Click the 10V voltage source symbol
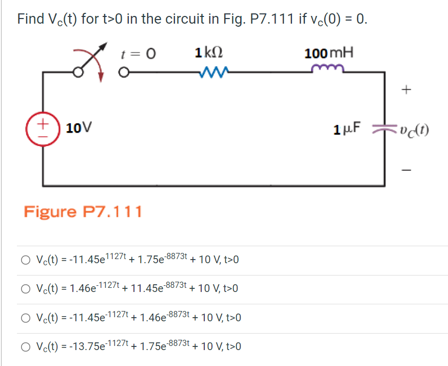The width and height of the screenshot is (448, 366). coord(43,129)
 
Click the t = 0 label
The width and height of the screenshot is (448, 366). coord(138,53)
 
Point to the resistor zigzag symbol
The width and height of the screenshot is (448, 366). coord(211,72)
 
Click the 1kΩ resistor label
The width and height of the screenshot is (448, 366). coord(209,53)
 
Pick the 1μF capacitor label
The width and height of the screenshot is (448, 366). coord(347,129)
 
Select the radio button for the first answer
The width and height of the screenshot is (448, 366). coord(26,260)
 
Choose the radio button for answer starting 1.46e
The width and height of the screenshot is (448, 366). coord(26,289)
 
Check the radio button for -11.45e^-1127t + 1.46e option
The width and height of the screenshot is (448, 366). coord(26,318)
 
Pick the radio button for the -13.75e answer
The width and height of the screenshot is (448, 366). coord(26,346)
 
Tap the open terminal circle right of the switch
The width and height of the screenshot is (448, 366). coord(124,72)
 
